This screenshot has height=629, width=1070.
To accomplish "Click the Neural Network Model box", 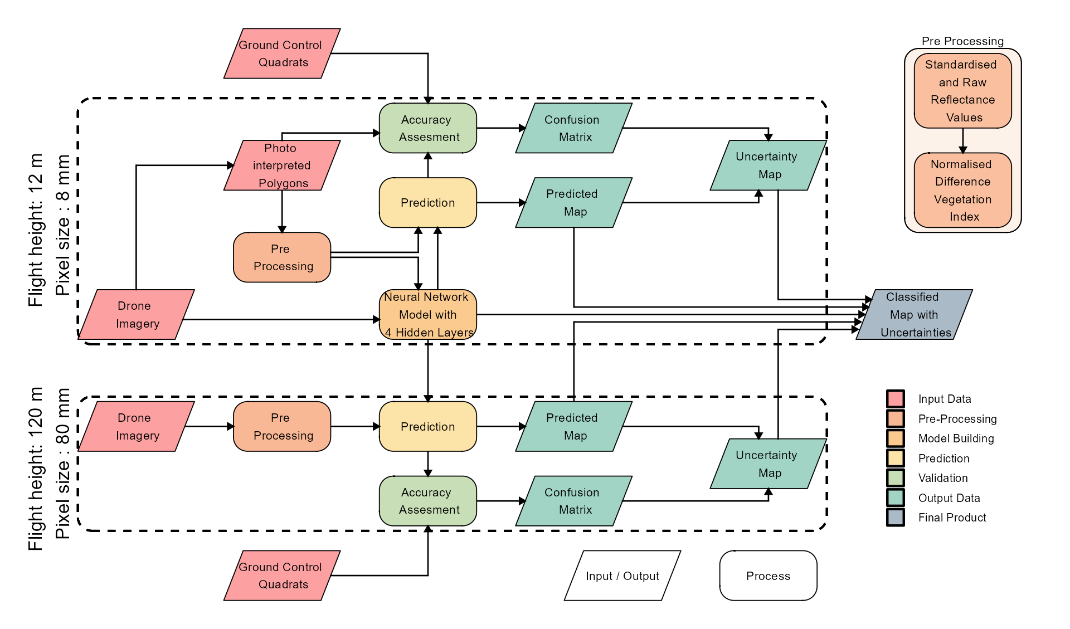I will point(427,314).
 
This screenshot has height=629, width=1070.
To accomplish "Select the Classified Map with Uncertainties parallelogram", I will point(914,314).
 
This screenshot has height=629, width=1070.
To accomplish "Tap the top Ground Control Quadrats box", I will point(281,53).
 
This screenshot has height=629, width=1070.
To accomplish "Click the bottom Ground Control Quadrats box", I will point(281,575).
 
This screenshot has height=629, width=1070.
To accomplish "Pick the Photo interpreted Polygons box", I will point(281,165).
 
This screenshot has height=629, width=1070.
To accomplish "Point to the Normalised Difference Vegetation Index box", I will point(962,190).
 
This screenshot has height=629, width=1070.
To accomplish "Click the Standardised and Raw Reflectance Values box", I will point(962,91).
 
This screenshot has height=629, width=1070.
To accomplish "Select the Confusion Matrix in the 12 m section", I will point(573,128).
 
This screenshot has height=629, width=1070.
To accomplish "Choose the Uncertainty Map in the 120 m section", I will point(767,464).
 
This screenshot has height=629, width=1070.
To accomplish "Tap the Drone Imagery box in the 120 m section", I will point(136,426).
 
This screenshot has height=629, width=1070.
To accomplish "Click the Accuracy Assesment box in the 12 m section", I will point(427,128).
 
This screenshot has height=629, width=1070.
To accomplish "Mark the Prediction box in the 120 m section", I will point(427,426).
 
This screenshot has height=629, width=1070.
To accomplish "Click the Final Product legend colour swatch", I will point(895,517).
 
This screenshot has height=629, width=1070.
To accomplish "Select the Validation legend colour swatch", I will point(895,477).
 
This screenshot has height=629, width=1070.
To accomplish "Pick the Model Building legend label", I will point(956,438).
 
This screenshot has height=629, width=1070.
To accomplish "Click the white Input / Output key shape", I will point(622,576).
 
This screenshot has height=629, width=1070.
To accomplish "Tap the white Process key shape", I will point(768,576).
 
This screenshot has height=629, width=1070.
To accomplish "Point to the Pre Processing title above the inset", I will point(962,41).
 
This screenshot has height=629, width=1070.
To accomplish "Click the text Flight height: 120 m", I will point(35,469).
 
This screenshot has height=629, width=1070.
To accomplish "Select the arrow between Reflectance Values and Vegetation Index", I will point(962,140).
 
